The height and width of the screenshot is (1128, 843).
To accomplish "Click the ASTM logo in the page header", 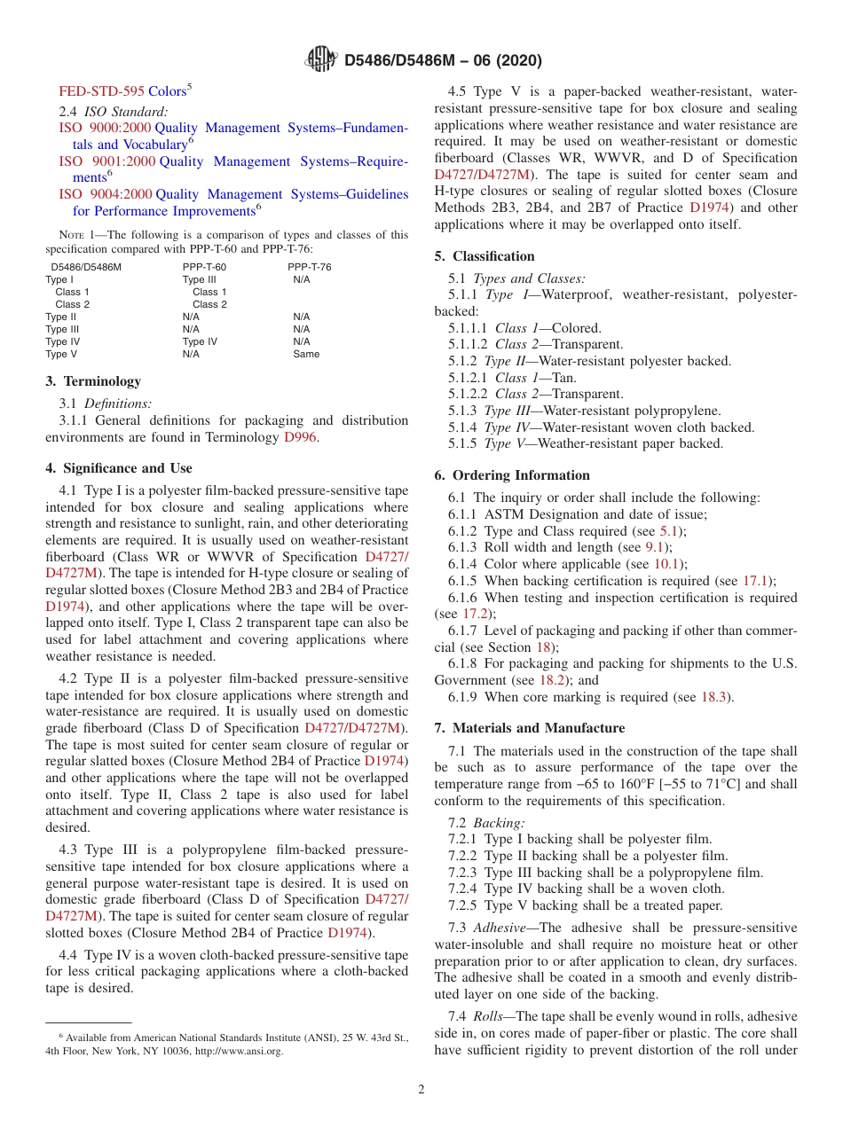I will [x=320, y=60].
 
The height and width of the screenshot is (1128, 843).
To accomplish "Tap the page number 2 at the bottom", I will [x=421, y=1089].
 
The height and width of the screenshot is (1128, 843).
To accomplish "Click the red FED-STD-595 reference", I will [x=101, y=91].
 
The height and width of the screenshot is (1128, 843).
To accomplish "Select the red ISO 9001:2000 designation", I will [x=106, y=161].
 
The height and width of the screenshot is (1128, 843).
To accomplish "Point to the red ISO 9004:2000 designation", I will [x=106, y=194].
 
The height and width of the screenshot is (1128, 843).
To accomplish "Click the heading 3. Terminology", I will [x=93, y=381].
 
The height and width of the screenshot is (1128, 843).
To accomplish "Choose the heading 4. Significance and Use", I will [x=119, y=468].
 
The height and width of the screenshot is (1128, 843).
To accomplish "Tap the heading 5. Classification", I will [x=485, y=256].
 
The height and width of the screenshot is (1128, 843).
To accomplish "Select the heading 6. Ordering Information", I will [x=512, y=475].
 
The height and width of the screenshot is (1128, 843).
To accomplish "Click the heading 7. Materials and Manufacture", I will [x=529, y=728].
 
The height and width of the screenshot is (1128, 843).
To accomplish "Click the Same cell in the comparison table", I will [x=306, y=354].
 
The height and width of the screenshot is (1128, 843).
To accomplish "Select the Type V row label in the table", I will [x=61, y=354].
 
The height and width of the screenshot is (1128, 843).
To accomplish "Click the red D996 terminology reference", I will [x=300, y=437].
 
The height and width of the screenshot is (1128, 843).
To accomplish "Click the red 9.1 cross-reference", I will [x=655, y=547].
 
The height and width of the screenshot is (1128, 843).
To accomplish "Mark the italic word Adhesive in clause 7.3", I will [x=498, y=928].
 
